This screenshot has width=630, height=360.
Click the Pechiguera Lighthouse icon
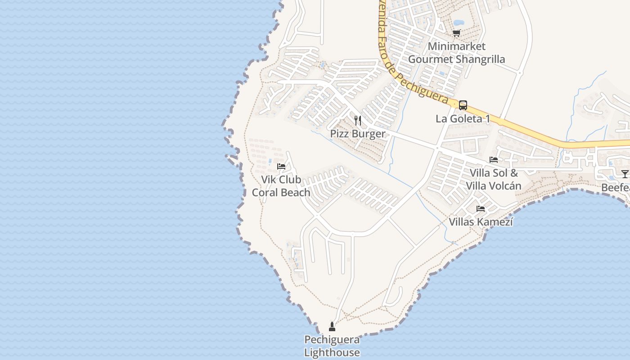coord(332,327)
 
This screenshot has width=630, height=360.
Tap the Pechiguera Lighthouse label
coord(332,346)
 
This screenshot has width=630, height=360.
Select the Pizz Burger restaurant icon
coord(358,120)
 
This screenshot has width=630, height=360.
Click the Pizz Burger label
coord(358,134)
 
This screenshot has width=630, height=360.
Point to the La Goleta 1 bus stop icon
coord(463,105)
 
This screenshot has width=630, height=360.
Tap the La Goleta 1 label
coord(463,119)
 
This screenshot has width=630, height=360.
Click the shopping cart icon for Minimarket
coord(456,33)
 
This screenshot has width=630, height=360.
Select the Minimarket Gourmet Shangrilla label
coord(456,53)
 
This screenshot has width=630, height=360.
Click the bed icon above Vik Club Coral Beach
coord(281,166)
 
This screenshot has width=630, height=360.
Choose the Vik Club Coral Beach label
coord(281,186)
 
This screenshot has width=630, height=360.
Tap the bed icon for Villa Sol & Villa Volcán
coord(494,160)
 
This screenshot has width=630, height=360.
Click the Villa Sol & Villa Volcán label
coord(494,179)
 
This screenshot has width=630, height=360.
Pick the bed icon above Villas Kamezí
coord(481,209)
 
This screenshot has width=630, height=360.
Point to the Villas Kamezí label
coord(481,222)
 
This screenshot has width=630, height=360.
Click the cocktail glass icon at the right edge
coord(625,174)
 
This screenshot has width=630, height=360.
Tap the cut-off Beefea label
coord(616,187)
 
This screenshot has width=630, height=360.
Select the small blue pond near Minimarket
coord(459,22)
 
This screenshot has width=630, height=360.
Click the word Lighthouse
coord(332,352)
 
